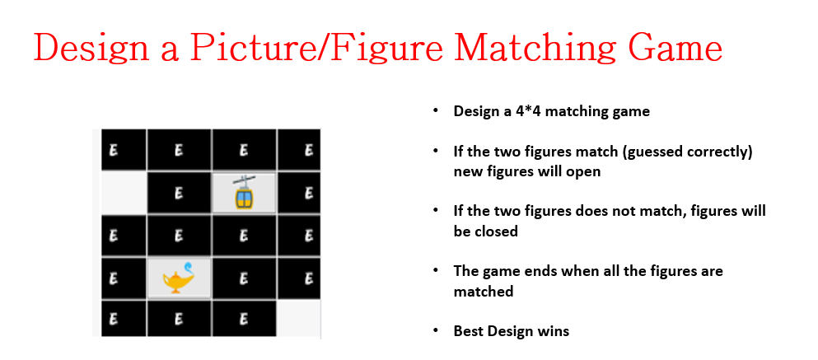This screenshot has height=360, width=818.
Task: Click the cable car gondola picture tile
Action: [244, 194]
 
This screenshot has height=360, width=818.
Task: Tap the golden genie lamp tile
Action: [180, 278]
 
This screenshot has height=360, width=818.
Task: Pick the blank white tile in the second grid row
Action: [124, 194]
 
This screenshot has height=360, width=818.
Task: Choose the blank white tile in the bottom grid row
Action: [298, 319]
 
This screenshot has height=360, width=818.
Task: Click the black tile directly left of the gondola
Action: [180, 194]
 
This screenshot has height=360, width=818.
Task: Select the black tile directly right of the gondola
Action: [298, 194]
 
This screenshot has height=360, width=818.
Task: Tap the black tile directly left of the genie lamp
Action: [124, 278]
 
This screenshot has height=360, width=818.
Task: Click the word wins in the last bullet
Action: [554, 331]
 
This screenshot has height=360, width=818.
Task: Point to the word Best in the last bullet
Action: [468, 331]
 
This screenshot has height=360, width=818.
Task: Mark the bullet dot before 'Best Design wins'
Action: [435, 331]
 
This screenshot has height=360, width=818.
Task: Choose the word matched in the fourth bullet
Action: [483, 291]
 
